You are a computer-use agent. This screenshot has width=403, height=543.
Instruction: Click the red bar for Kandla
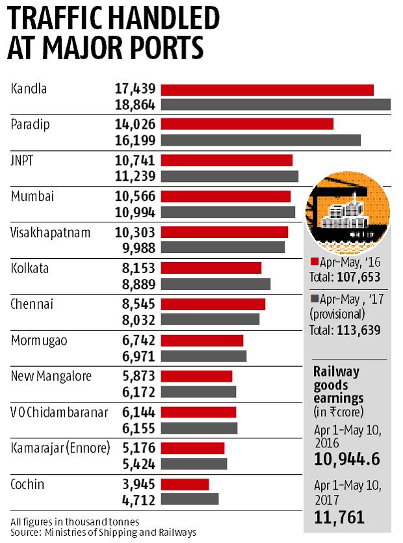pos(267,90)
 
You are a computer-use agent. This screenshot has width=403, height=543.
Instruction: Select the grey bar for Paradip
pos(261,140)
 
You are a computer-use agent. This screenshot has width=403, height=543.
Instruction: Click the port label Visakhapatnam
pos(49,232)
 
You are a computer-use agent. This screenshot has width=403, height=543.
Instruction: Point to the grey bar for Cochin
pos(190,499)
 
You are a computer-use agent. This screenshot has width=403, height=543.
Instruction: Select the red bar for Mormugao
pos(202,340)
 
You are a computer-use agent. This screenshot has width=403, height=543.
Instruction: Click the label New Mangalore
pos(51,376)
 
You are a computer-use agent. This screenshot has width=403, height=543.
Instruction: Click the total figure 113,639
pos(358,330)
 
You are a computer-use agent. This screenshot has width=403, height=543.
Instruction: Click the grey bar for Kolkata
pos(216,284)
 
